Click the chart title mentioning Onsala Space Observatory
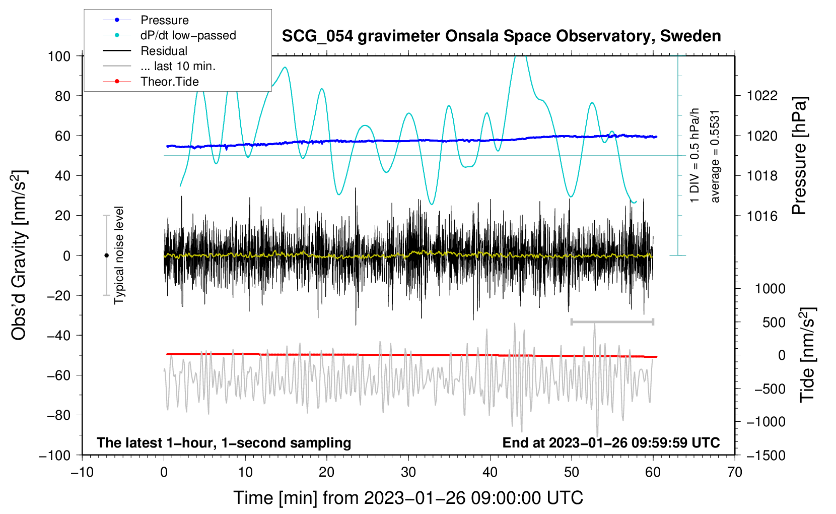click(x=501, y=36)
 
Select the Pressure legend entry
click(x=164, y=20)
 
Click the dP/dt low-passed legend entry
click(x=188, y=35)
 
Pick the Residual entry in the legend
click(x=164, y=51)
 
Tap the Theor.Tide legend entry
click(x=169, y=82)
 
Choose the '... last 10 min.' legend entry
click(x=178, y=66)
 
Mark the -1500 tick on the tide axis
click(x=765, y=456)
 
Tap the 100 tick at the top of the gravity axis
click(x=59, y=56)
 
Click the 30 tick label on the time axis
click(x=408, y=473)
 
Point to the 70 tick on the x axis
click(x=735, y=473)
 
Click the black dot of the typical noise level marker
click(x=106, y=255)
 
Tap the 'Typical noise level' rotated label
click(x=119, y=255)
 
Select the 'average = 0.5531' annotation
click(x=715, y=156)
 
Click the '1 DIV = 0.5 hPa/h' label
click(x=695, y=155)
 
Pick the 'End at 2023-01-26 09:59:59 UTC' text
click(x=611, y=443)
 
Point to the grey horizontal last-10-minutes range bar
click(x=612, y=322)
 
